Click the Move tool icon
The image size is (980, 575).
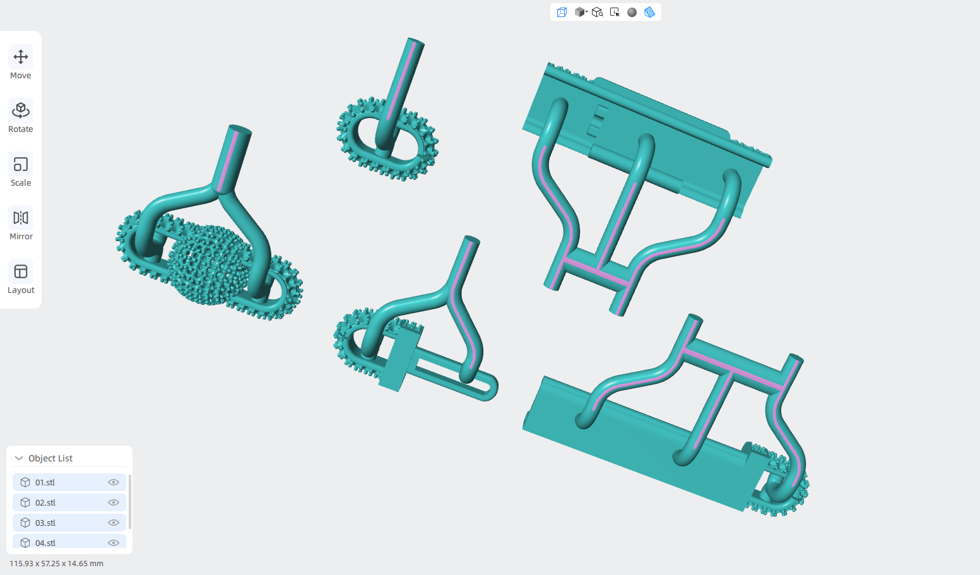pyautogui.click(x=21, y=57)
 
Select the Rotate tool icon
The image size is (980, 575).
pyautogui.click(x=21, y=110)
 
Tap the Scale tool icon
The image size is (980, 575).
pyautogui.click(x=21, y=164)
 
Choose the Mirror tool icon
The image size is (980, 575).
pyautogui.click(x=21, y=218)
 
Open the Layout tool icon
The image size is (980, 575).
pyautogui.click(x=21, y=271)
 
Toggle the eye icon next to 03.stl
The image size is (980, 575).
pyautogui.click(x=114, y=523)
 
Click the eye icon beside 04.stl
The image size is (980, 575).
pyautogui.click(x=114, y=543)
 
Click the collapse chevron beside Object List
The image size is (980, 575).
pyautogui.click(x=19, y=458)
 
